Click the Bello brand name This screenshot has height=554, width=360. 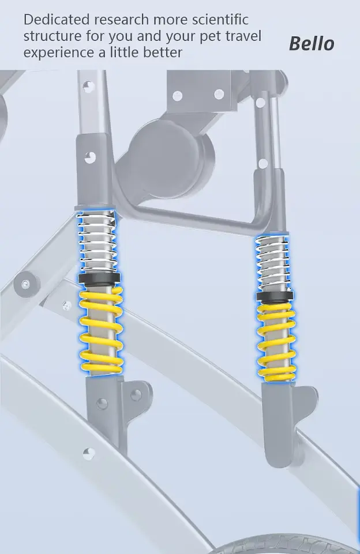[311, 43]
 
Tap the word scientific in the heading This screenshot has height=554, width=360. [220, 20]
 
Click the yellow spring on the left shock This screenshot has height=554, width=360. [101, 330]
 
